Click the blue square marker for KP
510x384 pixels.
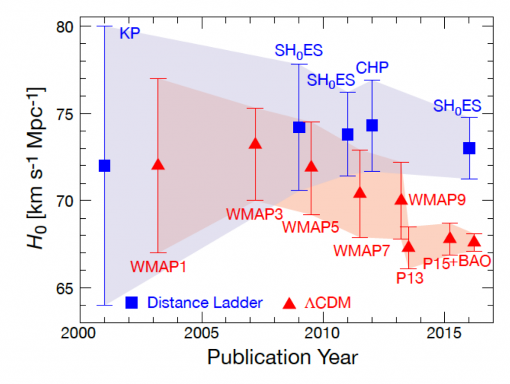[104, 165]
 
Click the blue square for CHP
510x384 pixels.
[372, 125]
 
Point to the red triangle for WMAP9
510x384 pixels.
[401, 199]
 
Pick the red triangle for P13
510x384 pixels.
[408, 247]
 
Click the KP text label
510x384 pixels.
[129, 33]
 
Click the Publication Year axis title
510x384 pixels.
[282, 357]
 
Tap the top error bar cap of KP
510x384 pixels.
[104, 26]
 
